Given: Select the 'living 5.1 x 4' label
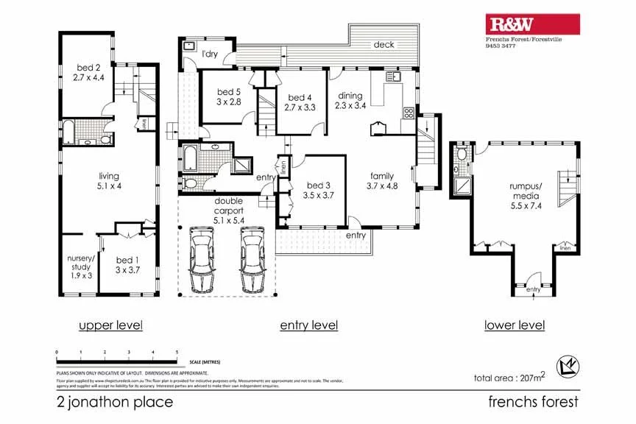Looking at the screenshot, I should click(x=109, y=181).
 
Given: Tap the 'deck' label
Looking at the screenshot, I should click(x=384, y=44).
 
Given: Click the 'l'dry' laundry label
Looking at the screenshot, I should click(x=210, y=54).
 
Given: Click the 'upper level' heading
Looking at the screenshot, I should click(x=110, y=325).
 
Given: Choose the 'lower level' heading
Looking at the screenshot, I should click(x=515, y=325).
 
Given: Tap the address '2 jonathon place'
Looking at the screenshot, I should click(x=115, y=402).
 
